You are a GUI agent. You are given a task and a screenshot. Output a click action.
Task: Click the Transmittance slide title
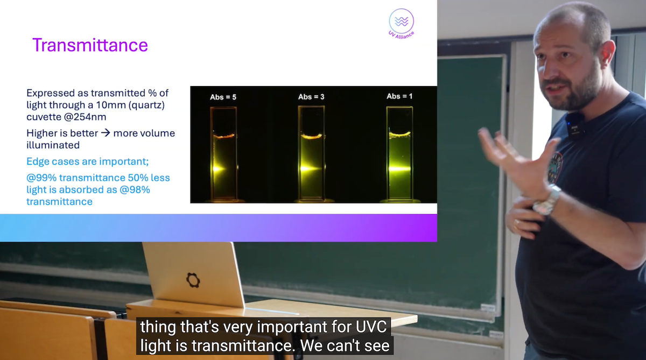[x=90, y=45]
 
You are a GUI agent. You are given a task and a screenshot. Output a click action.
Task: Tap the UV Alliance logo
[x=401, y=24]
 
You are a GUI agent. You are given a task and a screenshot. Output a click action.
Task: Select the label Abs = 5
[x=223, y=97]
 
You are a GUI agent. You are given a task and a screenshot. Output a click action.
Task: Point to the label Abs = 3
[x=311, y=97]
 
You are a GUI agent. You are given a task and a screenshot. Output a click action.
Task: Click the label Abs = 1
[x=399, y=96]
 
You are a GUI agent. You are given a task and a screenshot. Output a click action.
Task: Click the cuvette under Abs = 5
[x=223, y=153]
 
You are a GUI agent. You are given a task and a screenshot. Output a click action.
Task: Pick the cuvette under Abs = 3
[x=312, y=153]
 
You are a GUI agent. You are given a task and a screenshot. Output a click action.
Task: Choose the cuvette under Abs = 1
[x=399, y=153]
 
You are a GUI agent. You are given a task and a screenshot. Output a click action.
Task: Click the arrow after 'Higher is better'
[x=106, y=133]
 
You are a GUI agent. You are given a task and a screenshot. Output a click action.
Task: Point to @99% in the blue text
[x=41, y=178]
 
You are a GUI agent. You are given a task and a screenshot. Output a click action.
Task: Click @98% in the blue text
[x=135, y=189]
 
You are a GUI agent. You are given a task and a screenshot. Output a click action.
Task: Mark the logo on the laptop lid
[x=193, y=280]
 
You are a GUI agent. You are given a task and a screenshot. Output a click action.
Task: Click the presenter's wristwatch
[x=547, y=201]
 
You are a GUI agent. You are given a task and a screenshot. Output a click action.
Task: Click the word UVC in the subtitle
[x=371, y=327]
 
